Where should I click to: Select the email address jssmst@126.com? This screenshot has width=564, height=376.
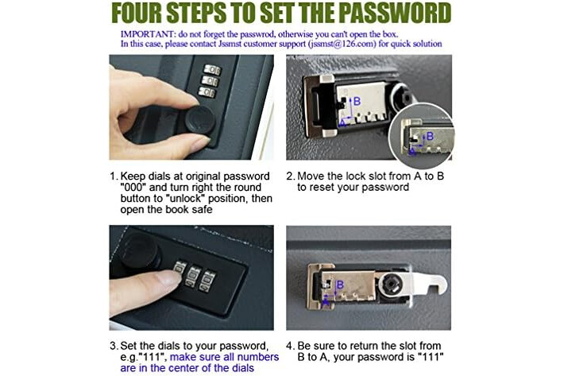[x=342, y=44]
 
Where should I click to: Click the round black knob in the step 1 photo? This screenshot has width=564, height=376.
[x=200, y=119]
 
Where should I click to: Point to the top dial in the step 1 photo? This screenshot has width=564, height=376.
[x=212, y=69]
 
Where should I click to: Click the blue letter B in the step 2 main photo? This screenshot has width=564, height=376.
[x=357, y=102]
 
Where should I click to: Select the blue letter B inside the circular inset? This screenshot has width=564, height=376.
[x=430, y=136]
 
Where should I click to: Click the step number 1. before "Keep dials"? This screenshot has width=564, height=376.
[x=114, y=176]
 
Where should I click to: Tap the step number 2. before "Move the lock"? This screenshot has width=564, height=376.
[x=291, y=176]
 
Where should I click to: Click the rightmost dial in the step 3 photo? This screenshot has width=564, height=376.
[x=207, y=281]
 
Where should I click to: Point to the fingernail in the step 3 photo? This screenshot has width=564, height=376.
[x=169, y=277]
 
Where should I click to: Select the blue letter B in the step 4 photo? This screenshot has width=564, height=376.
[x=340, y=285]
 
